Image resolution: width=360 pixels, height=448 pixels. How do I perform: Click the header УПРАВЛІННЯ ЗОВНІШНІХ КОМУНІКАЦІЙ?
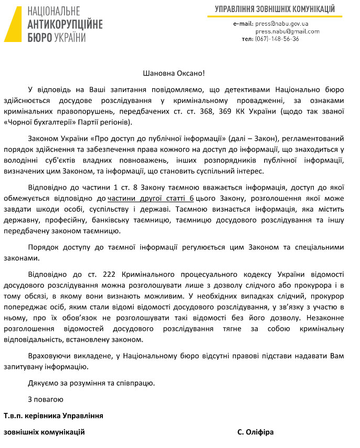[274, 9]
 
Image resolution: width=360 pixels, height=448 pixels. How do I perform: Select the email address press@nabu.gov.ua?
[282, 24]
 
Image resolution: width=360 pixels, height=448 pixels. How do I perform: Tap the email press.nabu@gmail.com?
[287, 32]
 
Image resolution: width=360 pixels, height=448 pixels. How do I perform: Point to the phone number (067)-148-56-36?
[277, 39]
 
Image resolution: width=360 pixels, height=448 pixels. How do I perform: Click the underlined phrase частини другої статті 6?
[151, 198]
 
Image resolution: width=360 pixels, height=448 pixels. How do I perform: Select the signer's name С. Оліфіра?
[255, 432]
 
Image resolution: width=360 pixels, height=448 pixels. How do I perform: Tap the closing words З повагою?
[46, 399]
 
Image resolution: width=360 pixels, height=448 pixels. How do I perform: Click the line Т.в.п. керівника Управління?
[53, 415]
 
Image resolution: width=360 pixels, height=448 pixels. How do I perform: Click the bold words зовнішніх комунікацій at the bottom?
[44, 432]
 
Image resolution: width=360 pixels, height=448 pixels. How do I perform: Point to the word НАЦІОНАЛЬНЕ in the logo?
[54, 12]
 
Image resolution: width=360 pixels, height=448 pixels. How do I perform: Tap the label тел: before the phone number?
[247, 39]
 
